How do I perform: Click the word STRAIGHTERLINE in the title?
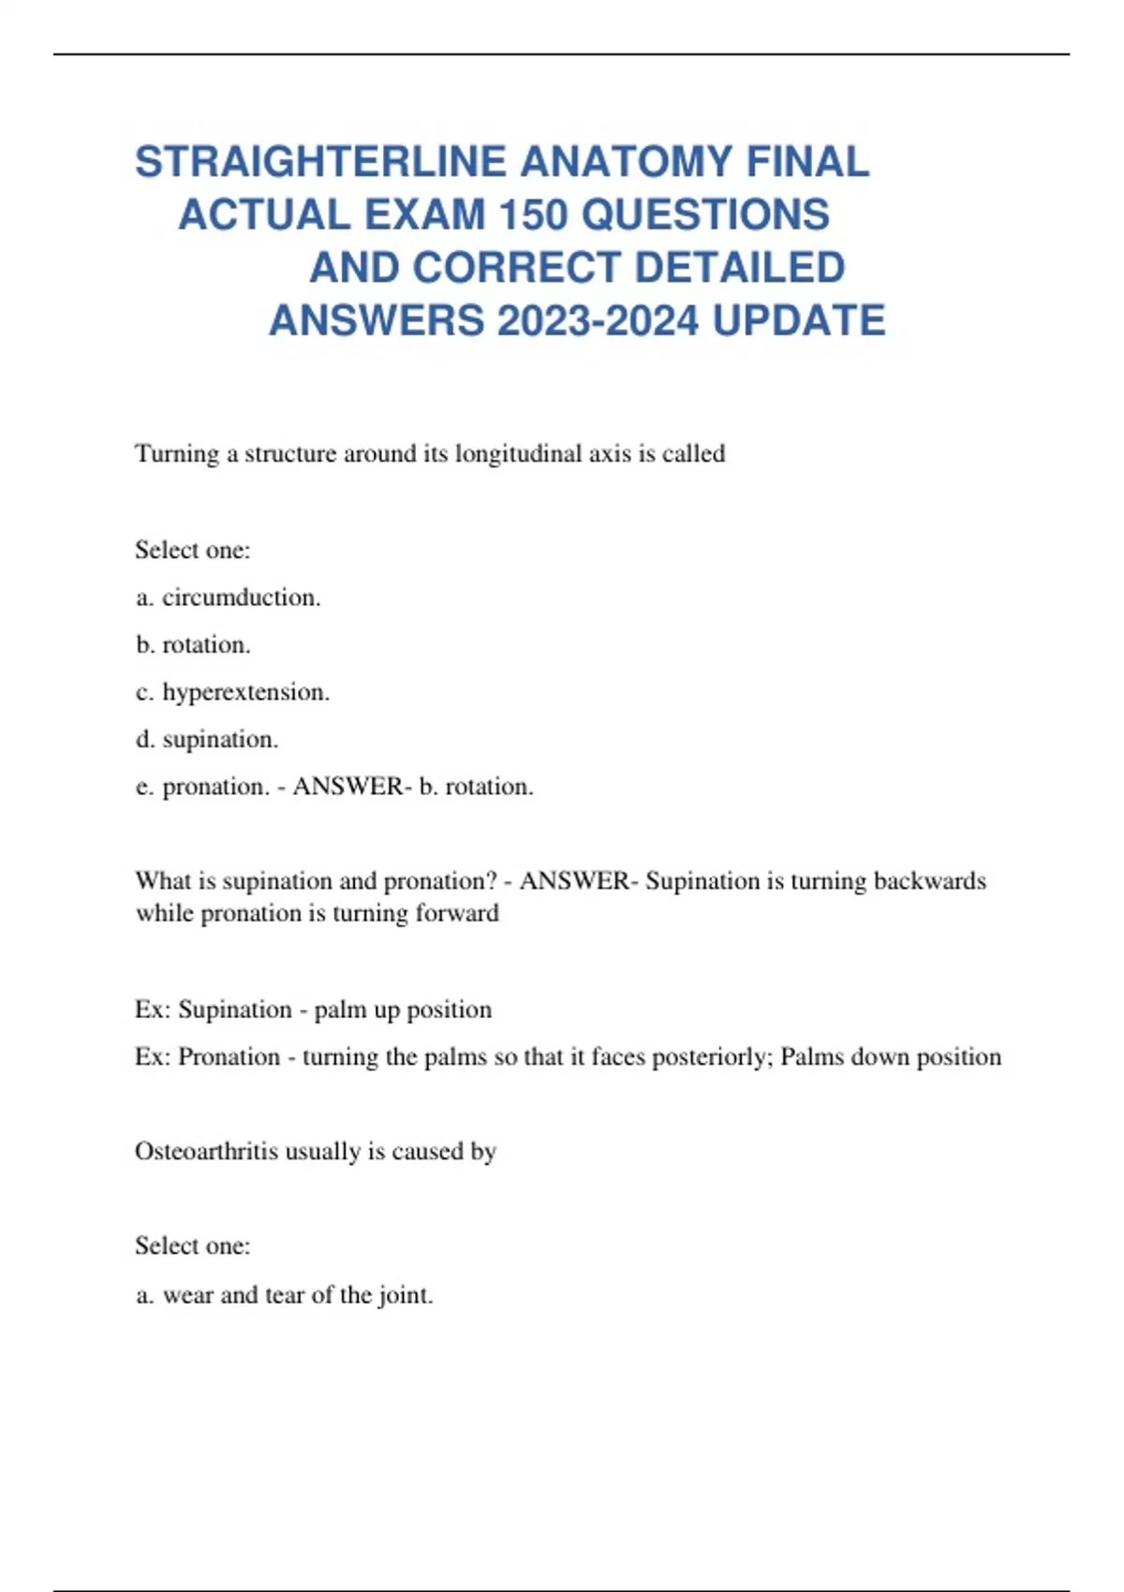pyautogui.click(x=321, y=162)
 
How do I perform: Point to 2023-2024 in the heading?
pyautogui.click(x=598, y=321)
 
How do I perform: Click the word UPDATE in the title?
pyautogui.click(x=798, y=321)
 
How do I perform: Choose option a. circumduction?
pyautogui.click(x=228, y=597)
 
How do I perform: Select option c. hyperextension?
pyautogui.click(x=232, y=692)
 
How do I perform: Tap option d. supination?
pyautogui.click(x=207, y=739)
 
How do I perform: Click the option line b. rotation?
pyautogui.click(x=193, y=644)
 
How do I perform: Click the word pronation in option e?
pyautogui.click(x=215, y=787)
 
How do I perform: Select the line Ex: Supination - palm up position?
pyautogui.click(x=313, y=1010)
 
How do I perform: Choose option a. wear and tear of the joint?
pyautogui.click(x=284, y=1295)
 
